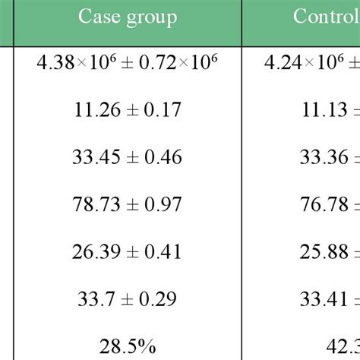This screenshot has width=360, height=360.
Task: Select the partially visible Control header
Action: (326, 17)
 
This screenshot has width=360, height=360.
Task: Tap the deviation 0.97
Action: (163, 205)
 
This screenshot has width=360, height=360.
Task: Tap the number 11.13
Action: (322, 111)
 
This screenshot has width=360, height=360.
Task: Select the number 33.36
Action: (322, 158)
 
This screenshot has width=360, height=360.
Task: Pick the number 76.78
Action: (322, 205)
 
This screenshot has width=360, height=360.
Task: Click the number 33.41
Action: (322, 299)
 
